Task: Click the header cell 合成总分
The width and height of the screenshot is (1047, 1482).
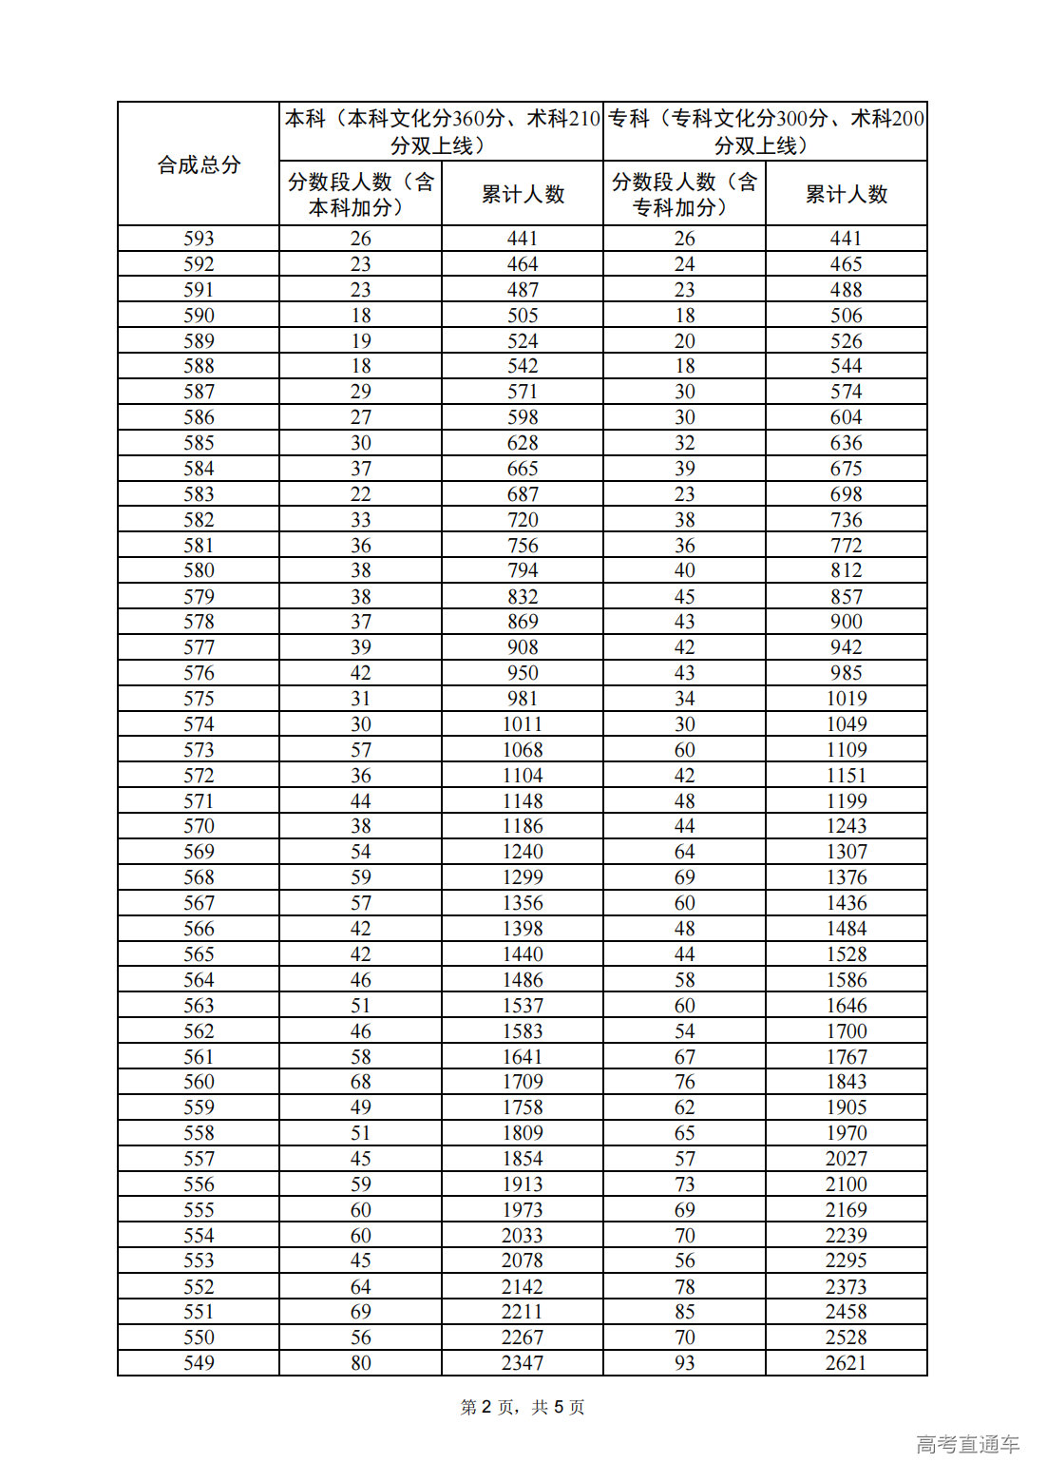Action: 199,164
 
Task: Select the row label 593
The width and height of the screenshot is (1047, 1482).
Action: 199,239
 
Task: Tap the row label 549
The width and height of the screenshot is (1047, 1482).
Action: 199,1363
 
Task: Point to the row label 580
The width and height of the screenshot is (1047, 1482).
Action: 199,570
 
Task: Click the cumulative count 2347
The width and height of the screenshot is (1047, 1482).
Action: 523,1363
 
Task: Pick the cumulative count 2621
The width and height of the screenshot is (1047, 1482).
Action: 846,1363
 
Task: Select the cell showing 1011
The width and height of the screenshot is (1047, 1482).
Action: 523,724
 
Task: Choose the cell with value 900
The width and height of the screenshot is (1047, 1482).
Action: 846,622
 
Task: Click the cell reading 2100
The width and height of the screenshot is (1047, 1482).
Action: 846,1184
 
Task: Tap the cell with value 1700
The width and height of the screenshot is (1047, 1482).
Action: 846,1031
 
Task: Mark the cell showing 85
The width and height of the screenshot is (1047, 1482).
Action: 684,1312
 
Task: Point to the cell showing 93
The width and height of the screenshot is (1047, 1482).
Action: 684,1363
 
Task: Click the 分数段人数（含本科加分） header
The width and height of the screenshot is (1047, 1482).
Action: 360,194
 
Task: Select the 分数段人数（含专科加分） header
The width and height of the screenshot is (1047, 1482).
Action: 684,194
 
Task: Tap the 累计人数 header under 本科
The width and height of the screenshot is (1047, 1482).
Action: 523,194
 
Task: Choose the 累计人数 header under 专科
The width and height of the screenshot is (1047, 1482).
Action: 846,194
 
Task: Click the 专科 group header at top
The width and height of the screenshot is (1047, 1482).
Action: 765,131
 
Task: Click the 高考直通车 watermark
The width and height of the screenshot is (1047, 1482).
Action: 967,1445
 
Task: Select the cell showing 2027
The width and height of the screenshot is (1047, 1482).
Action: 846,1159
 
